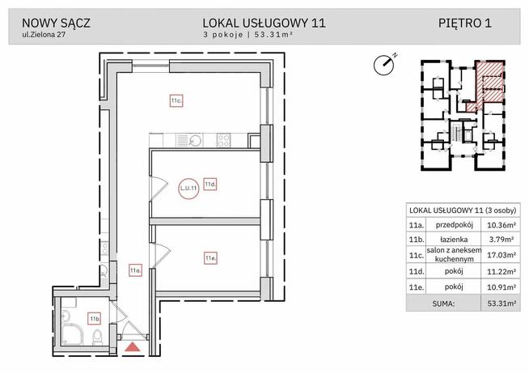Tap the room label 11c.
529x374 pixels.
(175, 100)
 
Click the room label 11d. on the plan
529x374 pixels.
(209, 184)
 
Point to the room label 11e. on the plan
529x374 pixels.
(209, 258)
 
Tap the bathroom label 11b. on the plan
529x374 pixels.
(94, 318)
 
